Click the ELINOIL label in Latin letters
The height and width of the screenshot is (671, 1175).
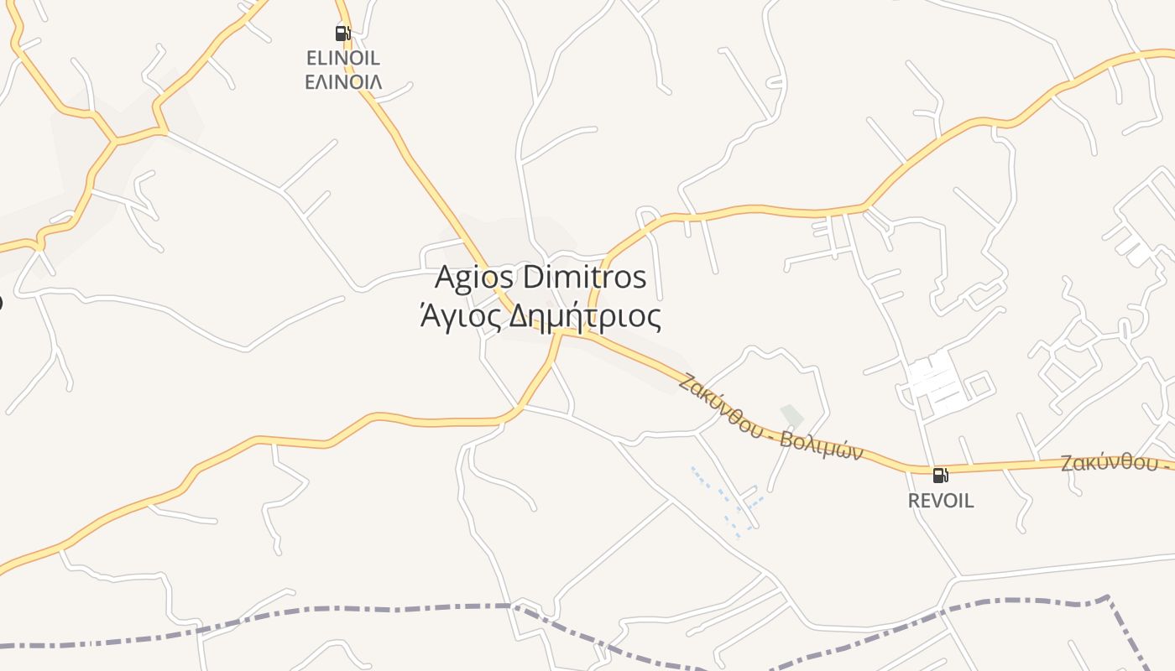[x=342, y=58]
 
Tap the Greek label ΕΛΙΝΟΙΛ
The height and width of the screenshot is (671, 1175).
[x=342, y=81]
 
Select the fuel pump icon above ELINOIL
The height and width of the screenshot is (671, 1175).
[x=342, y=34]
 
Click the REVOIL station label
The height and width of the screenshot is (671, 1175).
[x=941, y=501]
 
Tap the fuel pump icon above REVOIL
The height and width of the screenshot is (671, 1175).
[x=941, y=476]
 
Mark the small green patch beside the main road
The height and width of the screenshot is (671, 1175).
[x=791, y=414]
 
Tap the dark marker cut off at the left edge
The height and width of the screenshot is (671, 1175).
[x=1, y=301]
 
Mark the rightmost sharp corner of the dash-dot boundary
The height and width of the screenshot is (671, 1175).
[x=1109, y=597]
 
